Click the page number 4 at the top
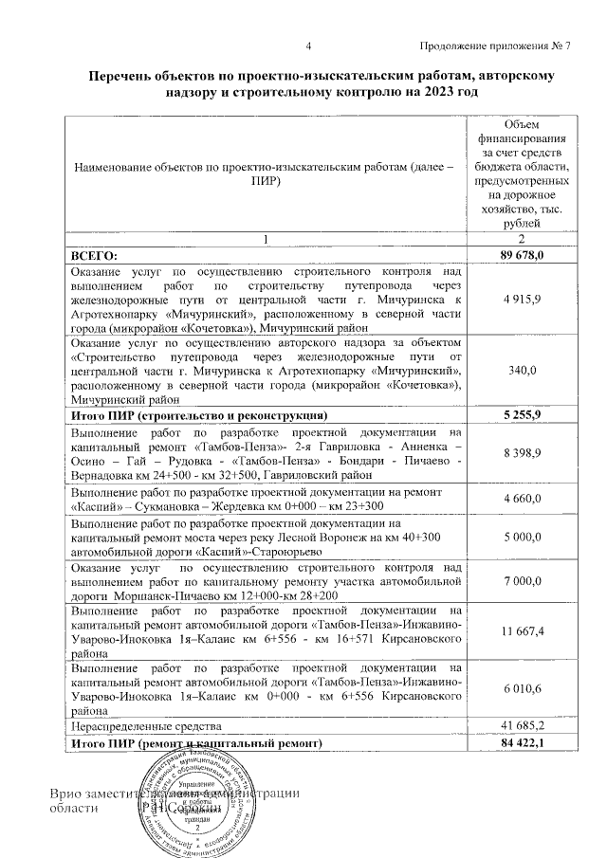[x=308, y=47]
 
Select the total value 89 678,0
[x=523, y=255]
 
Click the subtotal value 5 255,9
[x=523, y=415]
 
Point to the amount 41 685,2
[x=523, y=725]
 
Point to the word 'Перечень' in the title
[x=122, y=75]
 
